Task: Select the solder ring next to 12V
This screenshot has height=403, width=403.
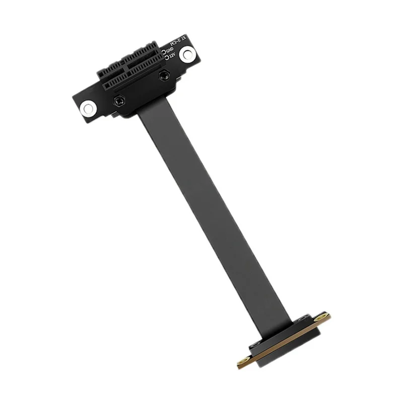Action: point(165,58)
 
